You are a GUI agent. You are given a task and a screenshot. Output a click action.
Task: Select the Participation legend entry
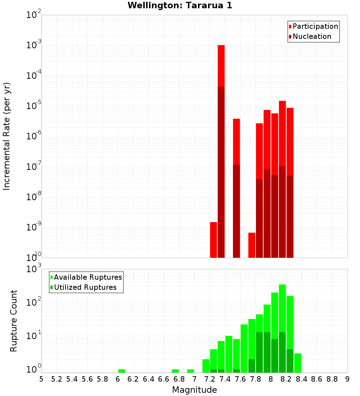click(315, 27)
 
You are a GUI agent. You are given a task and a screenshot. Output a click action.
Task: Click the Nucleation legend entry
click(312, 37)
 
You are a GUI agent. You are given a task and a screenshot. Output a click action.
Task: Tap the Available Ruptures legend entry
click(88, 278)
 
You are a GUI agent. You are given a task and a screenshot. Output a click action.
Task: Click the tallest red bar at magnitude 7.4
click(221, 151)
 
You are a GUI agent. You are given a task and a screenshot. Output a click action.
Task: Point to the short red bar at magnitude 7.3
click(213, 240)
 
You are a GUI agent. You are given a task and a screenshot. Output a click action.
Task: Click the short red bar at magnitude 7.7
click(252, 245)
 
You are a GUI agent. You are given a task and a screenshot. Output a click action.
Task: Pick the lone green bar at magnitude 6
click(122, 371)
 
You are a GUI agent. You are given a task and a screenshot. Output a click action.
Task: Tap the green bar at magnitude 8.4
click(297, 363)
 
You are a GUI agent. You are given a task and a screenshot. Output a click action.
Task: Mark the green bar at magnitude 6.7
click(175, 371)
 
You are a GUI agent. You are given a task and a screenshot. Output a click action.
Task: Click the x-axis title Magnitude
click(194, 390)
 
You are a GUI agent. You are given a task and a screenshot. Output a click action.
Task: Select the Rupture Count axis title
click(14, 321)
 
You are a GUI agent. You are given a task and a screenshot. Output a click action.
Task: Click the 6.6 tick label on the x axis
click(164, 379)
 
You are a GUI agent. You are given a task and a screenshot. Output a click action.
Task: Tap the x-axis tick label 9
click(347, 379)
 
